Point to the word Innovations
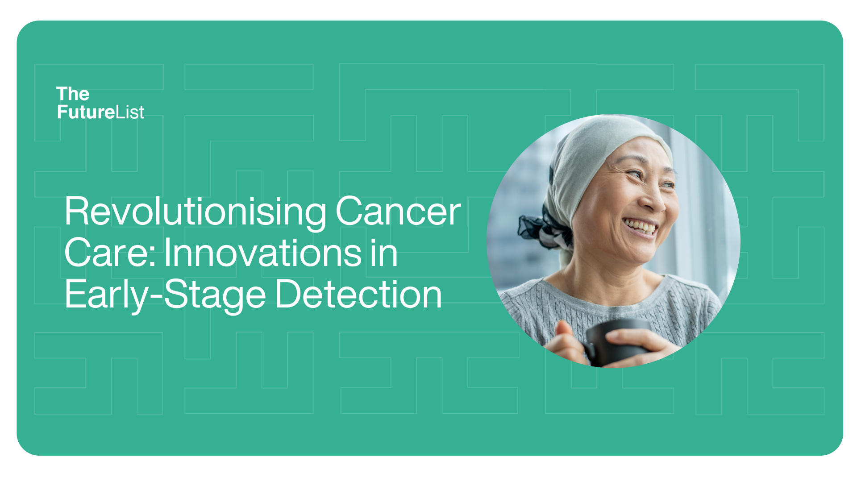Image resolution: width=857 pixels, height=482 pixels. pyautogui.click(x=263, y=252)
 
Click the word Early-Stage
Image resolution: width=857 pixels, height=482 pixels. pyautogui.click(x=166, y=295)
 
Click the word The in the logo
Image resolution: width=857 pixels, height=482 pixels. pyautogui.click(x=73, y=94)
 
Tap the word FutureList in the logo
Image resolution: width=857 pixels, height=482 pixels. pyautogui.click(x=100, y=112)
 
